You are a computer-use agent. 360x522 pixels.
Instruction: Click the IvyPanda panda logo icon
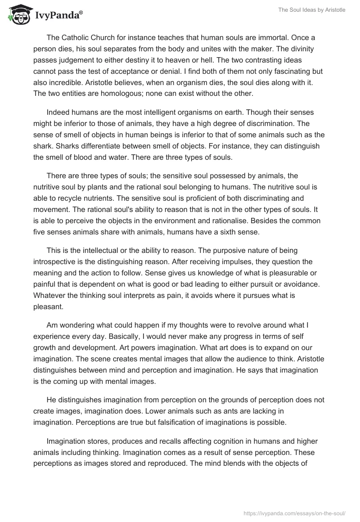coord(18,15)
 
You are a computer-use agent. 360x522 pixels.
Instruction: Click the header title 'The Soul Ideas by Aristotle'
coord(311,10)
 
